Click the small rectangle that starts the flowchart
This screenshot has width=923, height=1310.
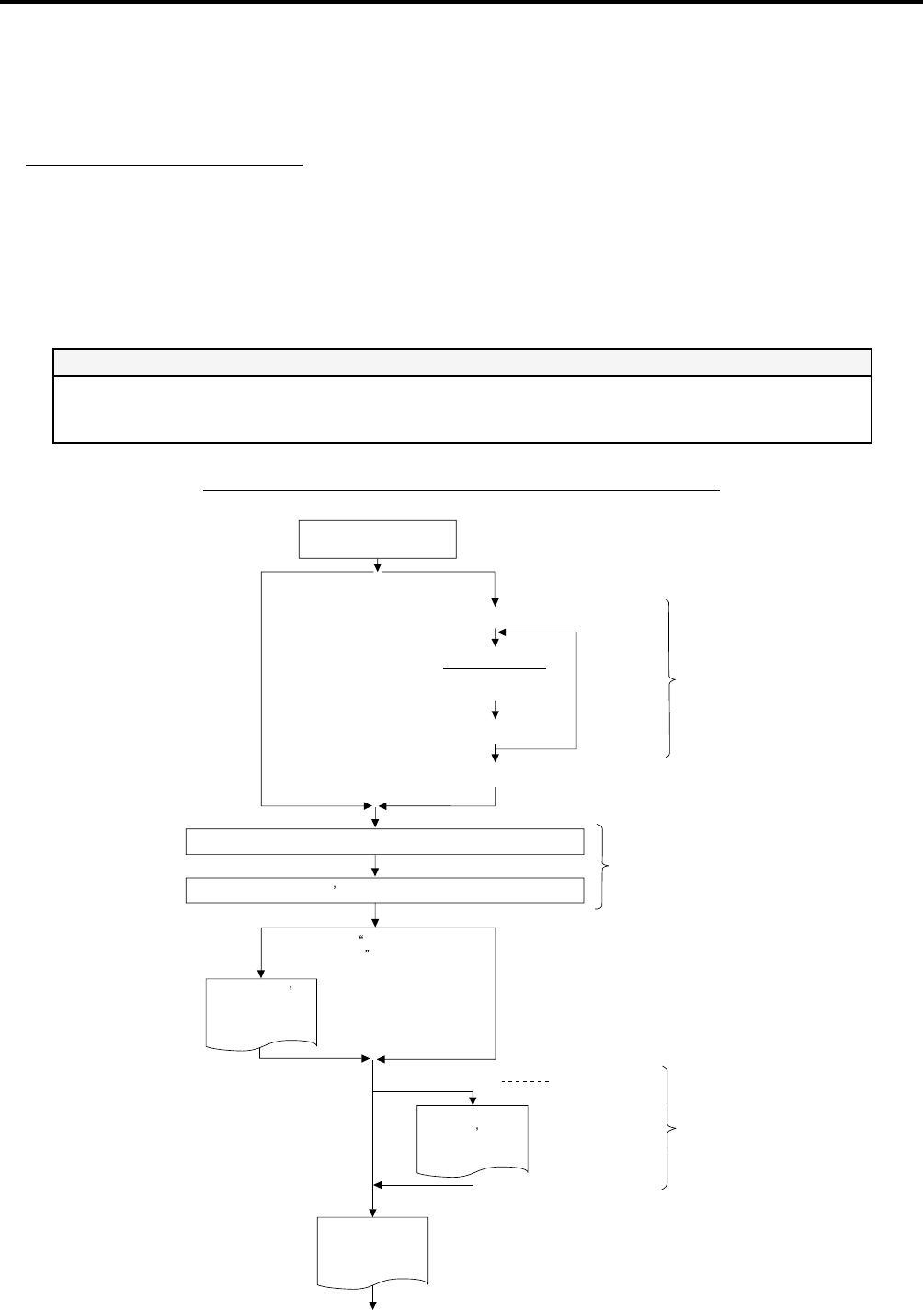point(378,539)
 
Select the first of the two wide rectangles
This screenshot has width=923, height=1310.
point(385,841)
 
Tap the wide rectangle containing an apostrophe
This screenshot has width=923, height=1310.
point(385,891)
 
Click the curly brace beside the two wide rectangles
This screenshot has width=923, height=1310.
point(604,867)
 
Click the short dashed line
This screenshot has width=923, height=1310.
point(527,1083)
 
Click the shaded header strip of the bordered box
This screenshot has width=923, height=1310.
point(461,362)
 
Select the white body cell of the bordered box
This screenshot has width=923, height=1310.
point(461,409)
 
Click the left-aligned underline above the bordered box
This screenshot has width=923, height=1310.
point(165,166)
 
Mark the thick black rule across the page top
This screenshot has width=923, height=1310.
point(461,3)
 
